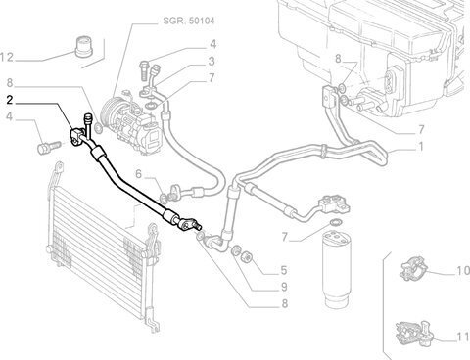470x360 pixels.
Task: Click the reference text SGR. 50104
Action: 189,22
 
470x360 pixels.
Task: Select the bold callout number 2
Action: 10,100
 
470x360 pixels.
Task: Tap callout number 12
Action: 7,58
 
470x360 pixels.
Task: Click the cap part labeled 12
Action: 84,47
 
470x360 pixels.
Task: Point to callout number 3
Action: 211,61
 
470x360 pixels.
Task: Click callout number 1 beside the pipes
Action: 421,147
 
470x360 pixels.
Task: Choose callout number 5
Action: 284,270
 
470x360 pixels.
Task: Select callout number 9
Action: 284,287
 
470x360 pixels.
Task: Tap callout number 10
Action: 463,270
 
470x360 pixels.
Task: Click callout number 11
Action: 463,337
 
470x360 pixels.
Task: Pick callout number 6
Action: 139,174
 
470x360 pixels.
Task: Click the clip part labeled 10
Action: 413,268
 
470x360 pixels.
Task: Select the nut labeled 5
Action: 246,257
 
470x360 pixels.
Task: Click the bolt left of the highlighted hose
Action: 49,148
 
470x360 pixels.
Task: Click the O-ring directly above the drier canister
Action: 335,222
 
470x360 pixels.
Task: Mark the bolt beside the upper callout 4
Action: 145,69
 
